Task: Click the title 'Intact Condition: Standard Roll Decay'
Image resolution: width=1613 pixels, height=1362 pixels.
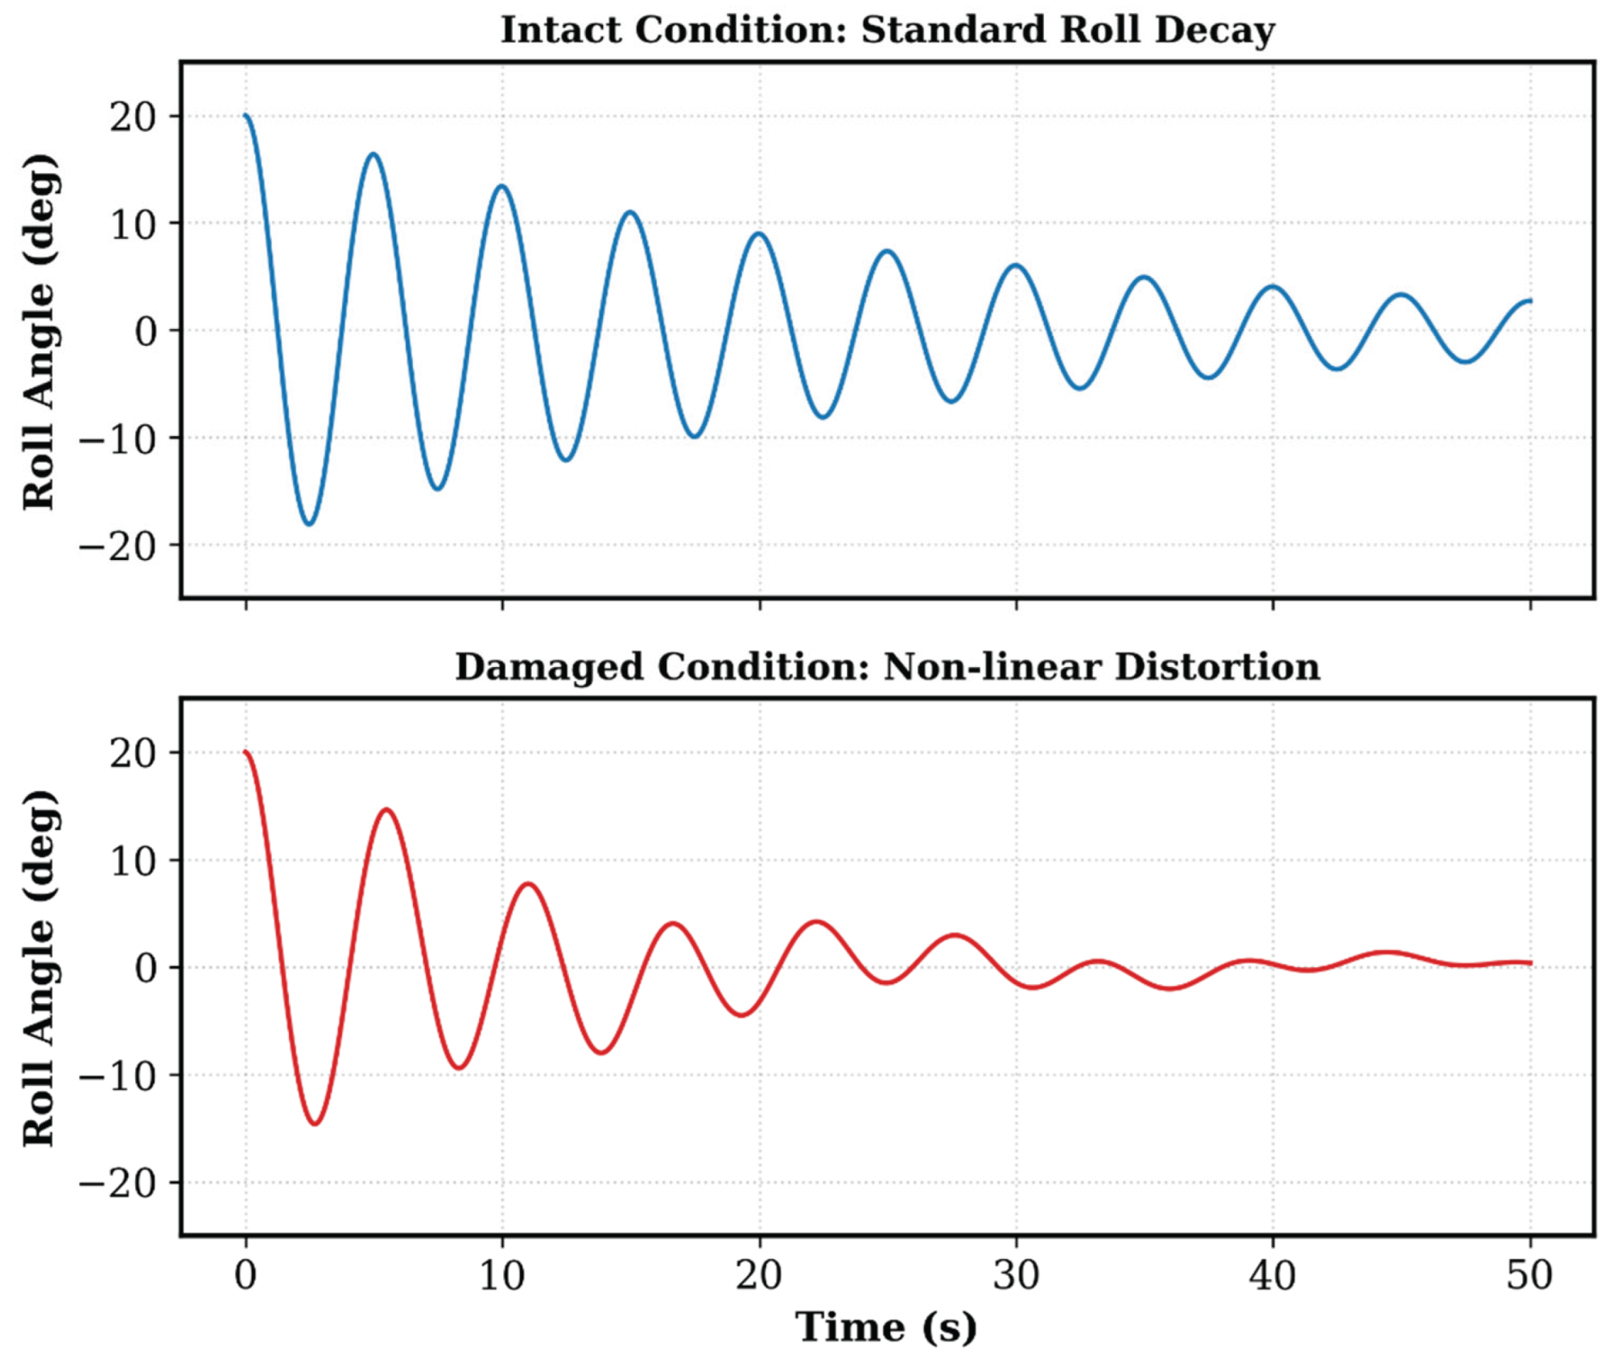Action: point(887,30)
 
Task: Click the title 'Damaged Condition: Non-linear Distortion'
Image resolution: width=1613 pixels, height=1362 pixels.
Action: point(887,667)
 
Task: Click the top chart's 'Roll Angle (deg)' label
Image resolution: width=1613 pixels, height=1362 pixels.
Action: point(39,331)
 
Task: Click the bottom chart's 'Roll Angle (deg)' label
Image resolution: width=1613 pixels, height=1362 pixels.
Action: point(39,967)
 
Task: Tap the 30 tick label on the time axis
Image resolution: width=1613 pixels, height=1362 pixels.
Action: point(1016,1275)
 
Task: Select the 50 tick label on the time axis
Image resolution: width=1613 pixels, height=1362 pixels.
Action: point(1530,1275)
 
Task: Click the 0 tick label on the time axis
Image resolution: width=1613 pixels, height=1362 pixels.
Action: point(245,1275)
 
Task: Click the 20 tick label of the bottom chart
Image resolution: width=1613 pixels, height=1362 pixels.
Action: point(134,753)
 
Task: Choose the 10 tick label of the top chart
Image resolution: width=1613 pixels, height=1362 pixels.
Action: point(134,224)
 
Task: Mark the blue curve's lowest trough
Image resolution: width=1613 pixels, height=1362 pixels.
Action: point(309,524)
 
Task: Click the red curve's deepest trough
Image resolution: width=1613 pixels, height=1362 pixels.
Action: point(316,1123)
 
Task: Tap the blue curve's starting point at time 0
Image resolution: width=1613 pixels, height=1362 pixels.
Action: point(245,116)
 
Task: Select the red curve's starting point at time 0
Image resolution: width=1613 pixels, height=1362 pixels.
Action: point(245,752)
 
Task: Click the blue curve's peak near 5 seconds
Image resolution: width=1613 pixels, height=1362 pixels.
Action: point(373,154)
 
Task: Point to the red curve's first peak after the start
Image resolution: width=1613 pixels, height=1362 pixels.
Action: point(387,809)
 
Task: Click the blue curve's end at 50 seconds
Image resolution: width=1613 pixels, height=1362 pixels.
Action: point(1529,301)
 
